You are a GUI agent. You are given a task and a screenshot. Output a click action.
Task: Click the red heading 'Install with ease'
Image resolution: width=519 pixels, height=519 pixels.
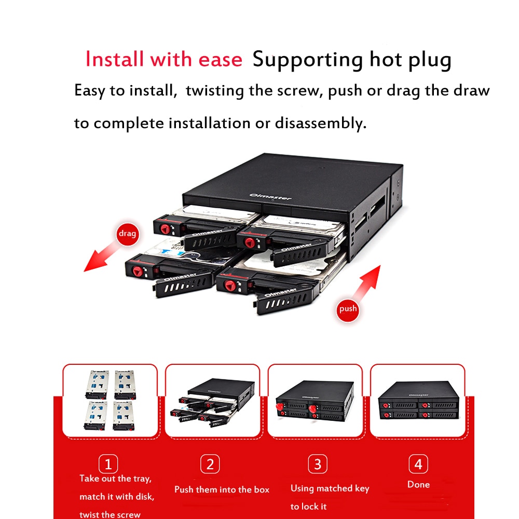pyautogui.click(x=163, y=59)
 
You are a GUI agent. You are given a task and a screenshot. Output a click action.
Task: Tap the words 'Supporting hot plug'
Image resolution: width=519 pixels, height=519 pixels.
pyautogui.click(x=351, y=59)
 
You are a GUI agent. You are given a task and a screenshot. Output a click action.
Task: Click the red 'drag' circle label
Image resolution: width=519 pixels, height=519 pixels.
pyautogui.click(x=127, y=234)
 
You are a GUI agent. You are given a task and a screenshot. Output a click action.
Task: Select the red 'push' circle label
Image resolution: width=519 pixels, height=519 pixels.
pyautogui.click(x=348, y=309)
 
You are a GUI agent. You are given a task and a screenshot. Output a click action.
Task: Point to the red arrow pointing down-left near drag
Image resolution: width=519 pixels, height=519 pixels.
pyautogui.click(x=104, y=259)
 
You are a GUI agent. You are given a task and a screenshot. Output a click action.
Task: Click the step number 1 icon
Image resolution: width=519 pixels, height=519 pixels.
pyautogui.click(x=108, y=464)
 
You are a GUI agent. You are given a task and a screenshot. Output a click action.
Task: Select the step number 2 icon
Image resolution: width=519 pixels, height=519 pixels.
pyautogui.click(x=210, y=464)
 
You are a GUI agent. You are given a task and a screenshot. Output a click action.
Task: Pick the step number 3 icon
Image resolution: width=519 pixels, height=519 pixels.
pyautogui.click(x=317, y=464)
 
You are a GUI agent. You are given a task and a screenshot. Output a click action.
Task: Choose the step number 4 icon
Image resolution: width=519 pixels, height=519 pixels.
pyautogui.click(x=418, y=464)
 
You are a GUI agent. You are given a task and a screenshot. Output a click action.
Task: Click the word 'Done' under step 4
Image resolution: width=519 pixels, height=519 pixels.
pyautogui.click(x=418, y=485)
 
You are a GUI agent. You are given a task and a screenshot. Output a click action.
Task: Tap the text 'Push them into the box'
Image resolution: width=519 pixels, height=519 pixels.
pyautogui.click(x=222, y=489)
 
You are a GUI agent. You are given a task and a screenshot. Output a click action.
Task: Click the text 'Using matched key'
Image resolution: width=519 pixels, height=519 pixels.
pyautogui.click(x=330, y=488)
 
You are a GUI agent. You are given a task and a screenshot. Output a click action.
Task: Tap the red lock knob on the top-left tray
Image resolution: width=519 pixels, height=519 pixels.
pyautogui.click(x=166, y=227)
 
